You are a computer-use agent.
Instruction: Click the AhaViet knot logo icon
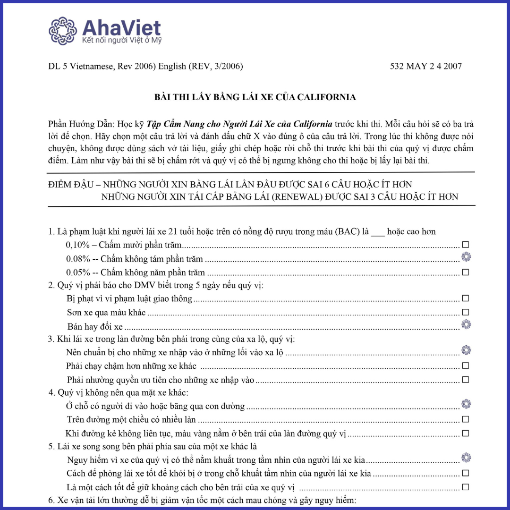(x=63, y=31)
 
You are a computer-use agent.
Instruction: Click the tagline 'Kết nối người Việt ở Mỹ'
(x=122, y=41)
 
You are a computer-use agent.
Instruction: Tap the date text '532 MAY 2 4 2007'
(x=425, y=66)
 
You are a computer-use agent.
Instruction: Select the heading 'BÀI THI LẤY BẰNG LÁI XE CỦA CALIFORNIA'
(x=255, y=97)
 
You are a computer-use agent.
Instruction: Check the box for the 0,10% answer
(x=466, y=245)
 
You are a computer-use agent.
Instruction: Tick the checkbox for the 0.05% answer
(x=466, y=272)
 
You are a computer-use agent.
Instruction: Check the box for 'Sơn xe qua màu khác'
(x=466, y=312)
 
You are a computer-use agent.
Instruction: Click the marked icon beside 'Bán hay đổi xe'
(x=466, y=324)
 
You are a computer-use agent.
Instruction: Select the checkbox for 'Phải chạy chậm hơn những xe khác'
(x=466, y=365)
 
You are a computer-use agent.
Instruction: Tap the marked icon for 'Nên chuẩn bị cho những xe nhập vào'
(x=466, y=350)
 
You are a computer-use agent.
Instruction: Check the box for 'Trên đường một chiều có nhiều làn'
(x=466, y=419)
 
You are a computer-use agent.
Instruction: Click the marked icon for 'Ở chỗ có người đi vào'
(x=466, y=404)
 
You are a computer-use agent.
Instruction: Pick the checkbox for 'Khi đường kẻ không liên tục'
(x=466, y=433)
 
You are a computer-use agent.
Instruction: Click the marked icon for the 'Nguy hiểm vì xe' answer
(x=466, y=458)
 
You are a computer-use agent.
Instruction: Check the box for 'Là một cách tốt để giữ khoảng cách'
(x=466, y=487)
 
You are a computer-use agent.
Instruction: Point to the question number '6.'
(x=51, y=500)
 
